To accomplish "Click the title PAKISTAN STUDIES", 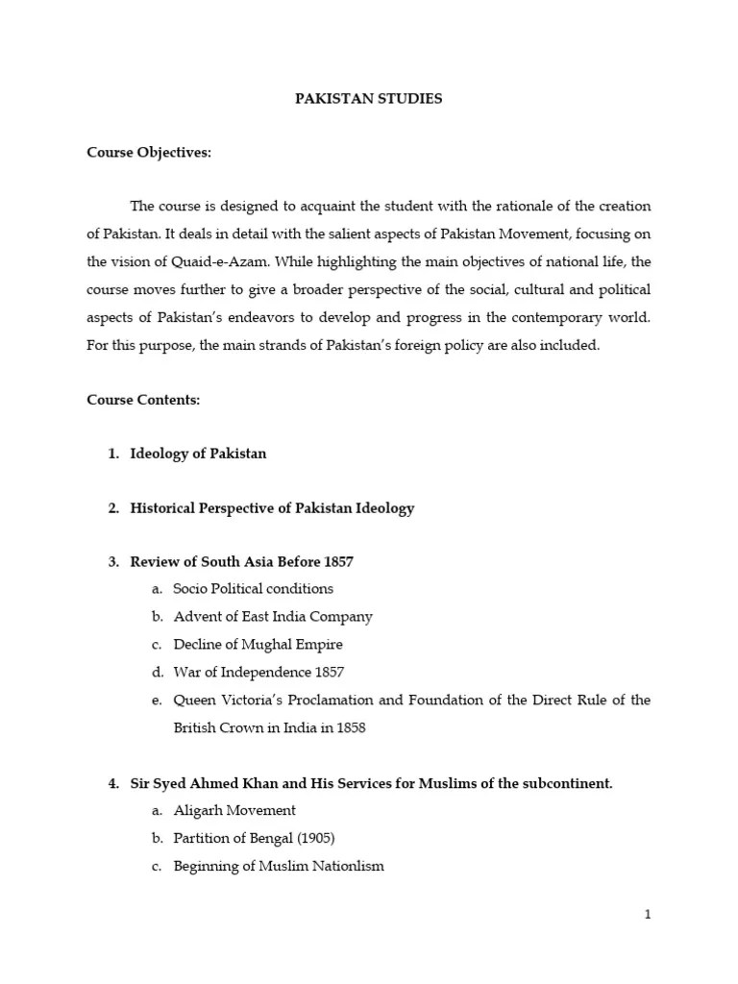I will [368, 99].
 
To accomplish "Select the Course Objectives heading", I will [149, 152].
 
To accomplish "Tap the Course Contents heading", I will [143, 400].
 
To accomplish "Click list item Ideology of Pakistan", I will [198, 454].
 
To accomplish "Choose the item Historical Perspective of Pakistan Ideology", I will [272, 507].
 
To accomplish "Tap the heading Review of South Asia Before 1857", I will [248, 561].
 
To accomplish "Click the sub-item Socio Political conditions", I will [253, 588].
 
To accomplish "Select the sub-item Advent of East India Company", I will [272, 616].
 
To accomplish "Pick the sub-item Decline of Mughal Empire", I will [258, 644].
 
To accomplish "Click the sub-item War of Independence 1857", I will [258, 672].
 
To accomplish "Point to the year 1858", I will [350, 727].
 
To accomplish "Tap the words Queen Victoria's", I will [218, 700].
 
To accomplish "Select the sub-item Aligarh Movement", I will [234, 810].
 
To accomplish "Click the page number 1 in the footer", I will [648, 914].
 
